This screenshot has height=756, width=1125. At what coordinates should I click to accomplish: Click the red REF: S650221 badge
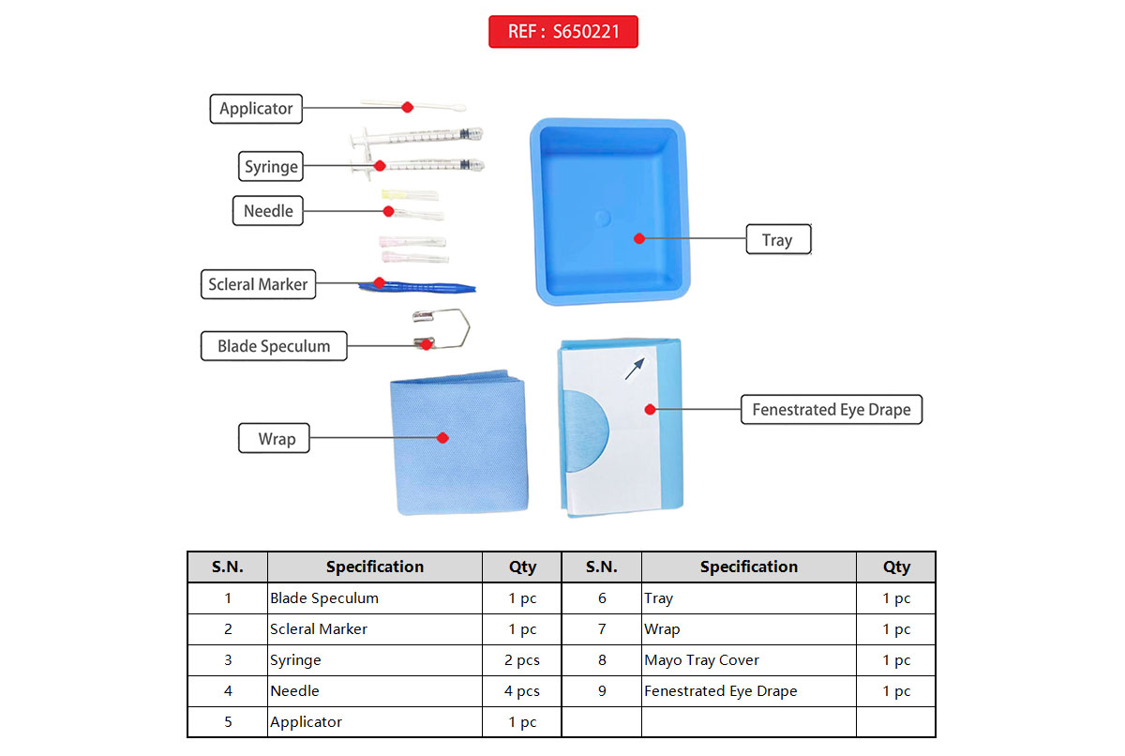[562, 31]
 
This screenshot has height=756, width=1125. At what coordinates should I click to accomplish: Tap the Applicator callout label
[256, 108]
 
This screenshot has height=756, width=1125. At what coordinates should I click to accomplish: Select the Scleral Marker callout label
[258, 284]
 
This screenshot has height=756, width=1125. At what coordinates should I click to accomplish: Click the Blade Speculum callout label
[274, 346]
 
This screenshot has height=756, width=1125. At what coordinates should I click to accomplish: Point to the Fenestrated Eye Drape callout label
[831, 410]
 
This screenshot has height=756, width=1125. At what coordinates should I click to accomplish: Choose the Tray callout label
[777, 240]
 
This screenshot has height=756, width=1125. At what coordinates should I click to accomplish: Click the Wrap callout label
[277, 439]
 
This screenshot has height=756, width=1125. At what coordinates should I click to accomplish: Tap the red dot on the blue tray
[638, 237]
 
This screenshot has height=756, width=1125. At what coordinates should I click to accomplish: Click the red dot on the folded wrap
[443, 437]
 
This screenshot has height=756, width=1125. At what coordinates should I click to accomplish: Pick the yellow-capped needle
[409, 196]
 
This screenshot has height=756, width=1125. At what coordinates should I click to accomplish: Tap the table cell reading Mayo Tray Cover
[701, 660]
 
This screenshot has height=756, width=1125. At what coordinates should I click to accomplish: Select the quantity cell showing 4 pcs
[522, 691]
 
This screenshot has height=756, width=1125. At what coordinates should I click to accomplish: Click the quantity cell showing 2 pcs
[522, 660]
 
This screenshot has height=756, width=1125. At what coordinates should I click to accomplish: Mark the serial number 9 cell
[602, 691]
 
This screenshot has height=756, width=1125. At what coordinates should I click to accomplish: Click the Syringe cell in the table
[296, 660]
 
